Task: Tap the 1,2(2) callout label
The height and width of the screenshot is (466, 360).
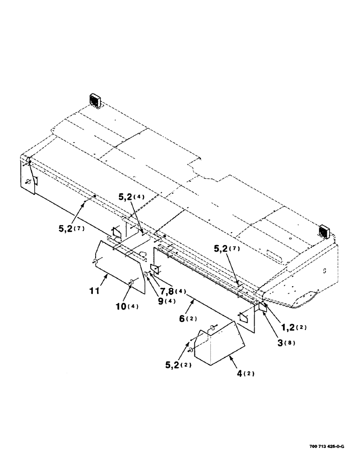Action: point(291,327)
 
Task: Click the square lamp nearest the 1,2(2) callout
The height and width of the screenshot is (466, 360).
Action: point(324,231)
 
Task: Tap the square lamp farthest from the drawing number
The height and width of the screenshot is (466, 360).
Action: point(96,100)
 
